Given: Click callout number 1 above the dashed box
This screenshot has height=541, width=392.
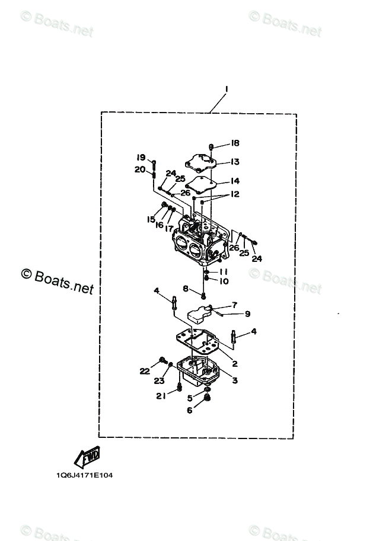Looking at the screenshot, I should (227, 89).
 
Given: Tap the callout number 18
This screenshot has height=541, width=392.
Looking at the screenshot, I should (235, 143).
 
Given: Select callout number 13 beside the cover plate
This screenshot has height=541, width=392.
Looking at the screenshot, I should (235, 161).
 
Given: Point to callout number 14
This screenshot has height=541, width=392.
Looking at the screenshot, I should (235, 181).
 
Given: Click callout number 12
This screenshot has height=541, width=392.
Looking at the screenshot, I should (235, 194).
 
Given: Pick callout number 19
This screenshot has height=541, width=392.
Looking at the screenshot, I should (141, 157).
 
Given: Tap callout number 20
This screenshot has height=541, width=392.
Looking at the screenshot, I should (140, 169).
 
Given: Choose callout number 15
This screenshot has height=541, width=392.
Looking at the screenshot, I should (151, 219).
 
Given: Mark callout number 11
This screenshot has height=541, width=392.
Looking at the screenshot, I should (224, 271).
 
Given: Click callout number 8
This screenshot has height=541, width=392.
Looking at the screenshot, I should (186, 288).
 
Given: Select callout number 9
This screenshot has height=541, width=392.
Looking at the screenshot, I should (247, 313).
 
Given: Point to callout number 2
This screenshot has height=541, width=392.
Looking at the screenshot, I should (235, 364).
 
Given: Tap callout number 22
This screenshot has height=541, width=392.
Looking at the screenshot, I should (145, 371).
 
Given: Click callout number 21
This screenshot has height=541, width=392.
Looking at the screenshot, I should (161, 396).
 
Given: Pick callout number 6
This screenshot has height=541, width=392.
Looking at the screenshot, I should (190, 409).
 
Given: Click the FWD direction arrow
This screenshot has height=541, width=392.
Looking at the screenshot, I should (87, 457).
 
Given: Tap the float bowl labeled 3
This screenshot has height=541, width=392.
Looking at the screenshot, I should (199, 370).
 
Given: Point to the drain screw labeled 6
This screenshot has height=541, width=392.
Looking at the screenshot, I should (208, 402).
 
